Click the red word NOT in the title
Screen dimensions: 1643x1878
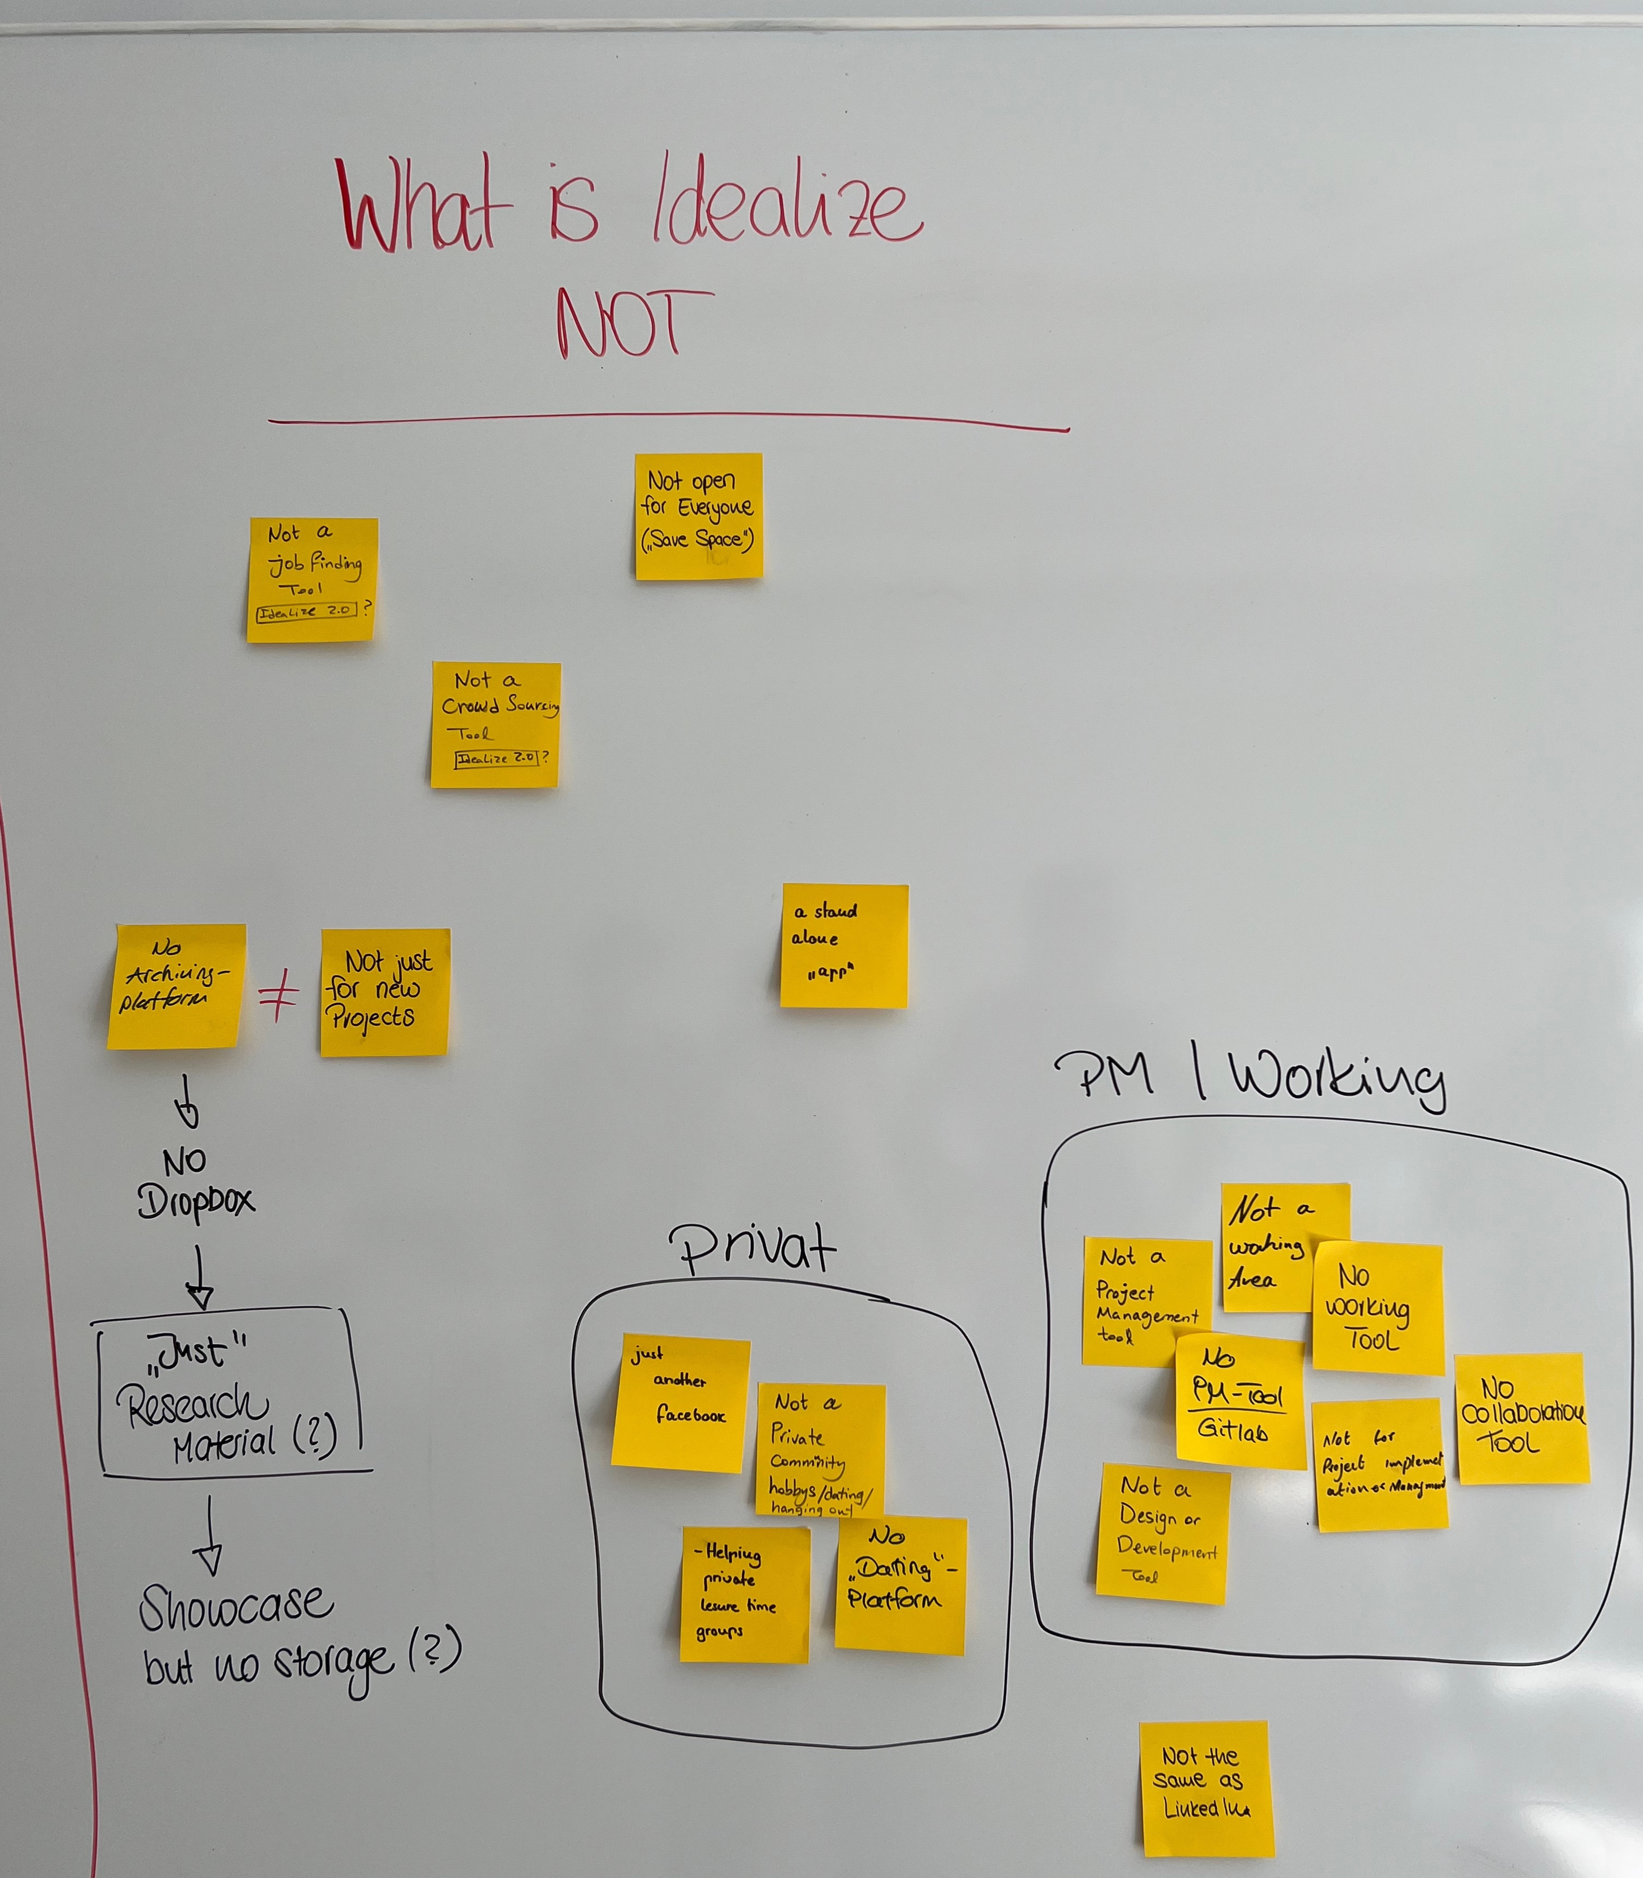click(x=633, y=326)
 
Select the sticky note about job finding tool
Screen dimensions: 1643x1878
click(x=312, y=579)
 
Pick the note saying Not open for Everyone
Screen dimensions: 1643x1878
click(x=699, y=516)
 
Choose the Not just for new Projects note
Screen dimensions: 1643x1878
click(x=385, y=992)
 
